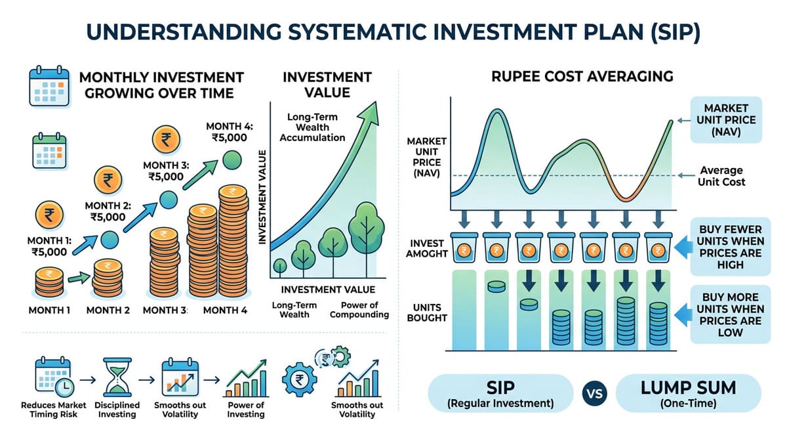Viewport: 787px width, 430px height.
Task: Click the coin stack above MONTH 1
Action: tap(50, 282)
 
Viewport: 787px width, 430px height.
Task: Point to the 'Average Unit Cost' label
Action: tap(722, 175)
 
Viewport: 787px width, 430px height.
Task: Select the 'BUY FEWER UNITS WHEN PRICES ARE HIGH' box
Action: tap(730, 247)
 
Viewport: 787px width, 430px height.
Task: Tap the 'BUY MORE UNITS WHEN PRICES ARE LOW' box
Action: tap(730, 314)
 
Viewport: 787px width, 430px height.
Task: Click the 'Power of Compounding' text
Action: tap(359, 309)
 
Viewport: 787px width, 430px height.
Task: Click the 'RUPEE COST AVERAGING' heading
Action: tap(582, 76)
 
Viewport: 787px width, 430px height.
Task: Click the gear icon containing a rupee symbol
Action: tap(300, 379)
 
